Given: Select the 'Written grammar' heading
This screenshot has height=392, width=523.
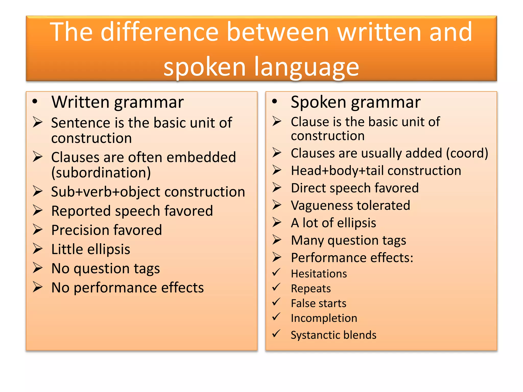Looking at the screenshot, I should (117, 102).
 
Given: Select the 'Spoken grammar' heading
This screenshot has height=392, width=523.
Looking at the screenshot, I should (355, 102).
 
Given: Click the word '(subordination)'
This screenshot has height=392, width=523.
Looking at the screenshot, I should (101, 173).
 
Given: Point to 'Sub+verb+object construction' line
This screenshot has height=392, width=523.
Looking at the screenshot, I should (148, 192).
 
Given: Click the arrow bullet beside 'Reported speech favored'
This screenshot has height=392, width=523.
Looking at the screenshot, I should (38, 211).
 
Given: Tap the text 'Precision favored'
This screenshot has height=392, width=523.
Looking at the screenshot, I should (106, 230).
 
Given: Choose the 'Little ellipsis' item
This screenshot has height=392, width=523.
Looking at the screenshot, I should (91, 249).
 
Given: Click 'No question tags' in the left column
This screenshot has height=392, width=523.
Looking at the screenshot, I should (105, 268).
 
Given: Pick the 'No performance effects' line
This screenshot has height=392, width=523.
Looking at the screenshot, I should (127, 288).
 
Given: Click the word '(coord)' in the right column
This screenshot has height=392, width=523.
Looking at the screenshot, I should (467, 153).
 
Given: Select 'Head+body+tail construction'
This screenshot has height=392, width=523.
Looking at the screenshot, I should (376, 170).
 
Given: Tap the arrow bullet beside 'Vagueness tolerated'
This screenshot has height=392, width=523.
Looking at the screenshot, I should (277, 205).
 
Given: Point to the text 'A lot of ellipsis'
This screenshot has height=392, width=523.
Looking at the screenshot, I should (333, 223).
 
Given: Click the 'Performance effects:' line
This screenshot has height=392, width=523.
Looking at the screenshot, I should (352, 258).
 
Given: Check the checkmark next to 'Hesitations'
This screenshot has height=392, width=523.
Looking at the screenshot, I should (276, 272).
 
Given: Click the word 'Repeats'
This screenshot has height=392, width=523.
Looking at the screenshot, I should (311, 289).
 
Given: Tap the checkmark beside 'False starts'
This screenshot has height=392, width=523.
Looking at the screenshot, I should (276, 302).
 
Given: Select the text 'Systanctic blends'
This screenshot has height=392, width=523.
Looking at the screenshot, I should (334, 335).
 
